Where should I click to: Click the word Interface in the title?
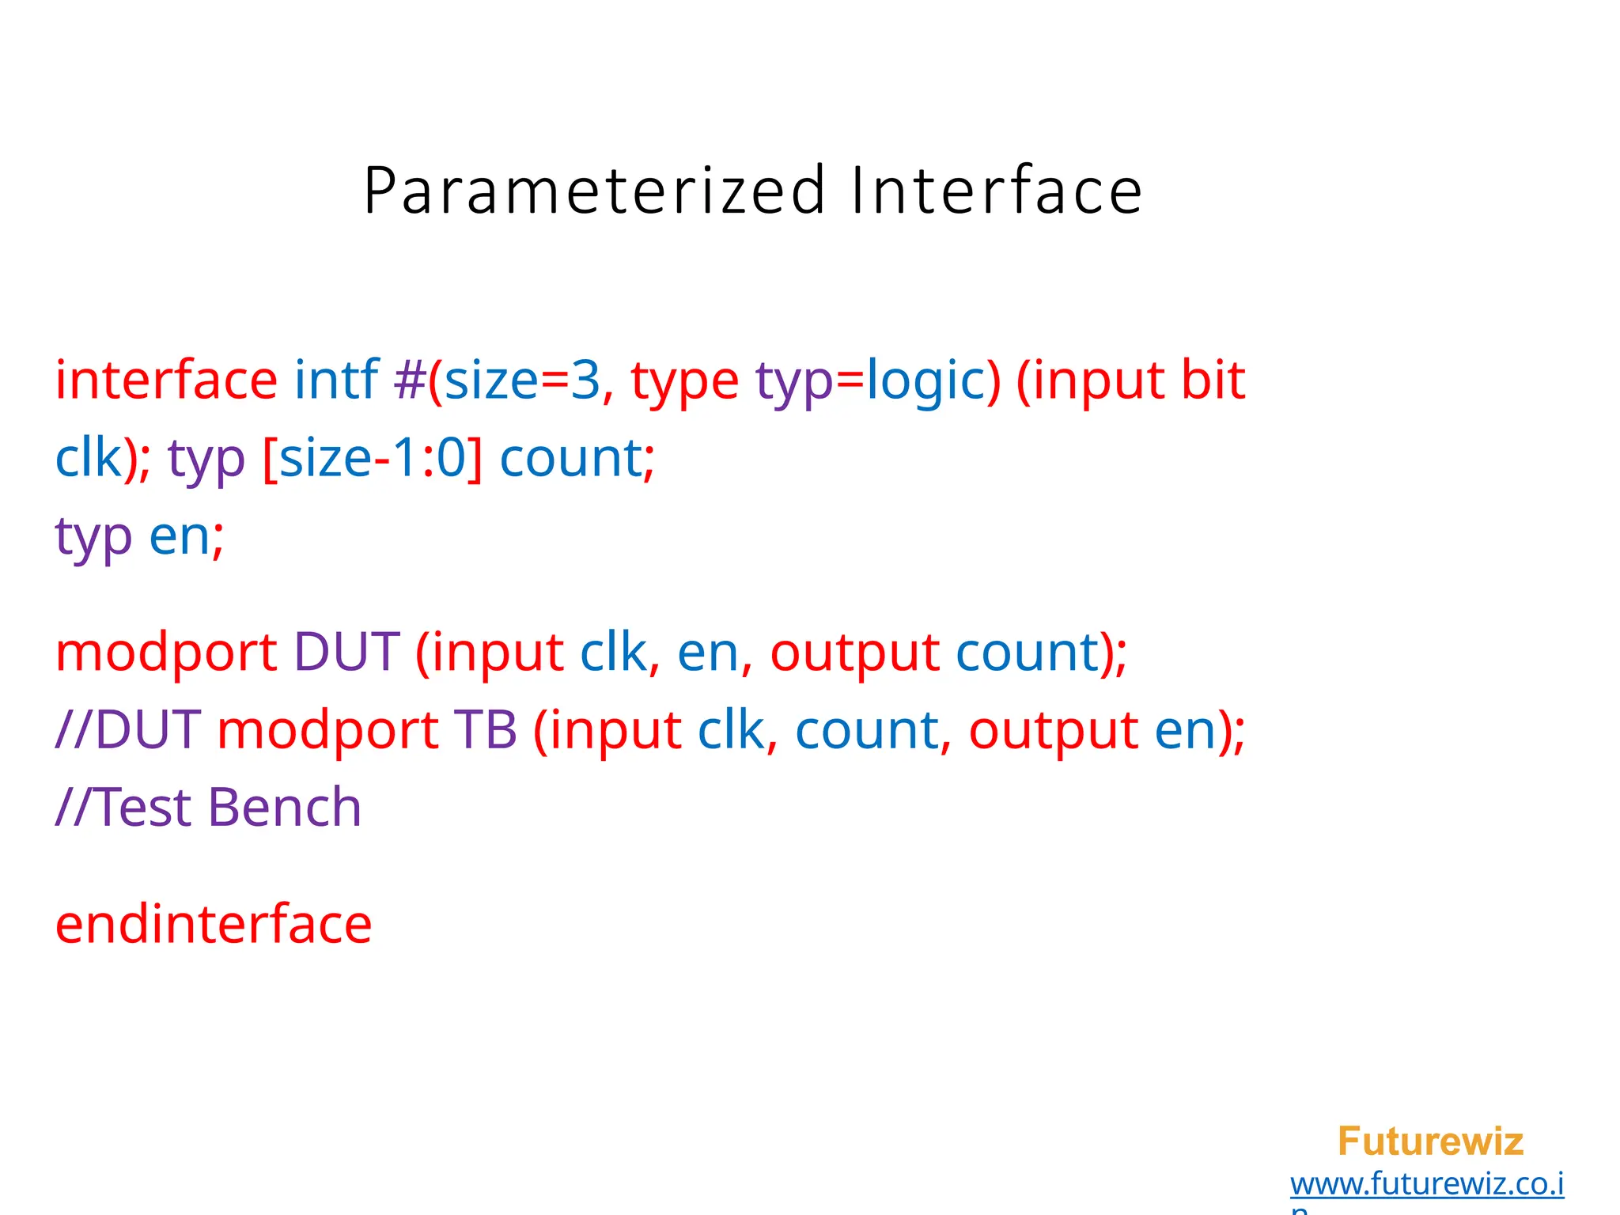coord(997,191)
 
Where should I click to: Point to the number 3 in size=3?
coord(585,381)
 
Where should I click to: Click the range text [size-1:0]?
coord(372,458)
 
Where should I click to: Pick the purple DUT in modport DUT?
coord(346,653)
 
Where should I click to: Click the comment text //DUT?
coord(128,729)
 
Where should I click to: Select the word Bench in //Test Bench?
coord(285,808)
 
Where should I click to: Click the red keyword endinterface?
coord(214,924)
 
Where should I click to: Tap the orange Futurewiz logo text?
coord(1430,1141)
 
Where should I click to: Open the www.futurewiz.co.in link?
coord(1426,1184)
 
